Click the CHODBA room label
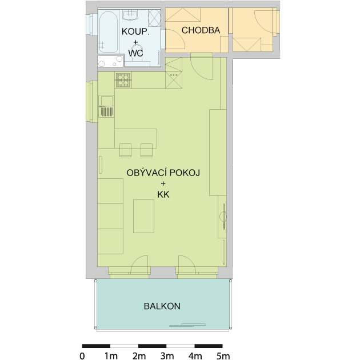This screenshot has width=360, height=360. [x=201, y=30]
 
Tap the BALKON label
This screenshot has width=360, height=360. [x=162, y=306]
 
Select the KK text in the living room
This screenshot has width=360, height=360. [x=163, y=195]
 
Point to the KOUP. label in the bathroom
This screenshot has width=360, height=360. [x=135, y=31]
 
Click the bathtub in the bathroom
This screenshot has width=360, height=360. [x=108, y=32]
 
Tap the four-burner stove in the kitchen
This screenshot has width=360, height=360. [x=124, y=80]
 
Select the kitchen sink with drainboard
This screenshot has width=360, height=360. [x=106, y=106]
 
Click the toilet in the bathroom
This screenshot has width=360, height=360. [x=137, y=55]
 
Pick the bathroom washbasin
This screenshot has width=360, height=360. [x=130, y=15]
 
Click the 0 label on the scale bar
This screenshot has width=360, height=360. [x=82, y=356]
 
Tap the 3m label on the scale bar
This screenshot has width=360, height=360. [x=167, y=356]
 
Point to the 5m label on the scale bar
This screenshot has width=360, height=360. [x=223, y=356]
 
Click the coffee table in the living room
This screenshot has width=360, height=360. [x=144, y=216]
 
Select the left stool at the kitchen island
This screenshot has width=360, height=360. [x=125, y=150]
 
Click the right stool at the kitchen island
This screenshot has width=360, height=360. [x=146, y=150]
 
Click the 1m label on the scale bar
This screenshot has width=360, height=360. [x=111, y=356]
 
